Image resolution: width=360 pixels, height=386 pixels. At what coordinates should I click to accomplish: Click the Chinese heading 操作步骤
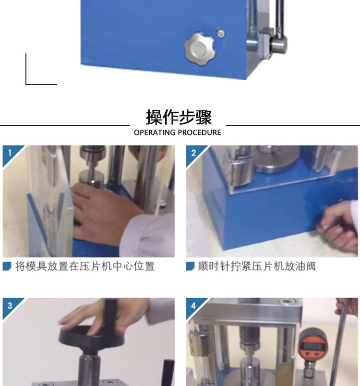click(179, 117)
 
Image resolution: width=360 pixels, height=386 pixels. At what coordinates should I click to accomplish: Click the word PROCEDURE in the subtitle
click(199, 133)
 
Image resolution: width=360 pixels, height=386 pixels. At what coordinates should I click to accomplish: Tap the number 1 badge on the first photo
click(10, 153)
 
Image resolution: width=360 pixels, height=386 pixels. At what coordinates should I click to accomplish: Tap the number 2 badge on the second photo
click(193, 153)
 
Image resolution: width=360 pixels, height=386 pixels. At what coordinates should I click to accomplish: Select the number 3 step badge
click(10, 305)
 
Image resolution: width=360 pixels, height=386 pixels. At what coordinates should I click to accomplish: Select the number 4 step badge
click(193, 305)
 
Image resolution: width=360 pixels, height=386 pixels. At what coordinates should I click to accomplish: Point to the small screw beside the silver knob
click(220, 34)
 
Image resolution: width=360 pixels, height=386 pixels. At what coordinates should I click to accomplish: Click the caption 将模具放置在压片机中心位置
click(85, 266)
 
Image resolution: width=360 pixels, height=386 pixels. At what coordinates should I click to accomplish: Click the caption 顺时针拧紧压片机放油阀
click(257, 266)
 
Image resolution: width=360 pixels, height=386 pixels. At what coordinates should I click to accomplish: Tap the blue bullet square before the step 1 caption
click(7, 266)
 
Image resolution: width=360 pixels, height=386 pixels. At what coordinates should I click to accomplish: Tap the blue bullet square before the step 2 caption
click(190, 266)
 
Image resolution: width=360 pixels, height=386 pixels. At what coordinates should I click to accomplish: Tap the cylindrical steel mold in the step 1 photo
click(91, 179)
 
